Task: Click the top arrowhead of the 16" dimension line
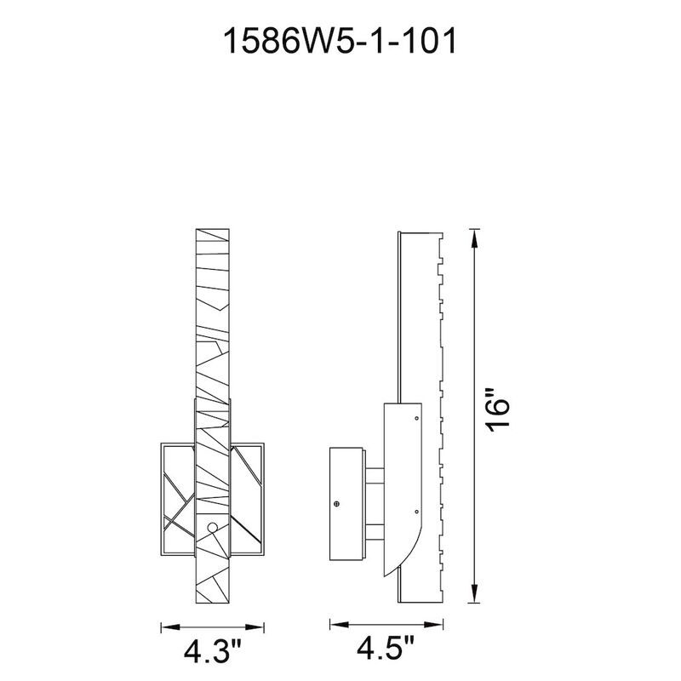point(475,234)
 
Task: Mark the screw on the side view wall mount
point(337,504)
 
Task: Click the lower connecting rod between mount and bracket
point(375,531)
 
